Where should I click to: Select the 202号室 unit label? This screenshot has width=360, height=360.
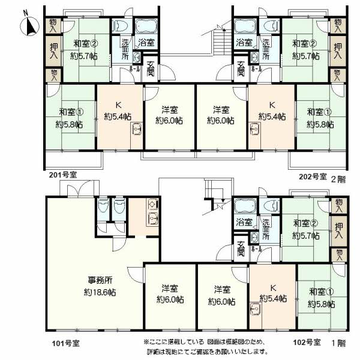point(313,178)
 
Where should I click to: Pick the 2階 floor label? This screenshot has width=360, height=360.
point(338,178)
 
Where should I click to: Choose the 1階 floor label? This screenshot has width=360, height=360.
point(337,343)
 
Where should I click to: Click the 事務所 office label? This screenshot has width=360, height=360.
point(100,280)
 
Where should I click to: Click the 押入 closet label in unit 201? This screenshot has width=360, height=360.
point(53,50)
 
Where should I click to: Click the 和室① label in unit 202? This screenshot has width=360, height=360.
point(319,112)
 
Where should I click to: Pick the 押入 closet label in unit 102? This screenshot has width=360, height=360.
point(339,231)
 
